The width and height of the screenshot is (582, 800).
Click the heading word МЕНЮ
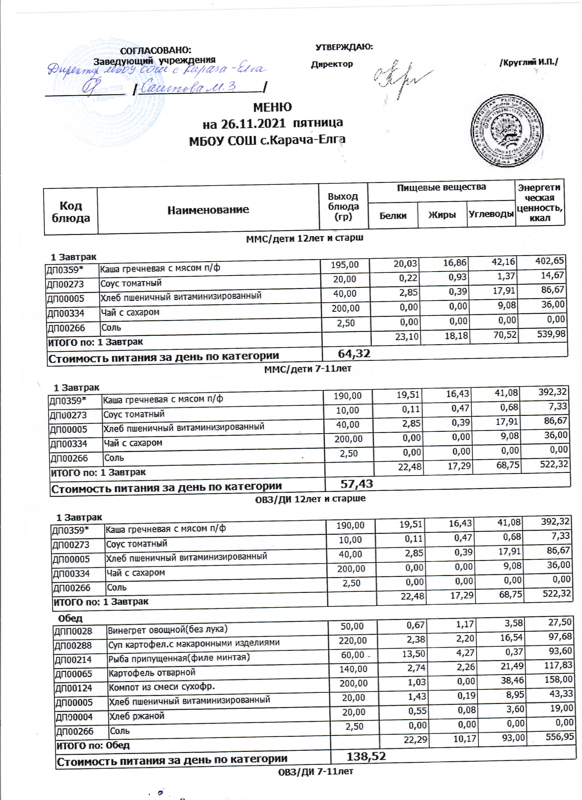(x=273, y=107)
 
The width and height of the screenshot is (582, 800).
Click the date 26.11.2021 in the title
(x=253, y=123)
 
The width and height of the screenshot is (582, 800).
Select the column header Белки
(x=393, y=215)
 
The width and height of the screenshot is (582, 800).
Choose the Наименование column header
(x=208, y=210)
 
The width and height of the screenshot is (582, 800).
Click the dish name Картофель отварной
(x=152, y=673)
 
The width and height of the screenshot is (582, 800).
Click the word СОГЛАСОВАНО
(x=156, y=50)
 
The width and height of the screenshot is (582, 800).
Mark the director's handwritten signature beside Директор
(x=402, y=78)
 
